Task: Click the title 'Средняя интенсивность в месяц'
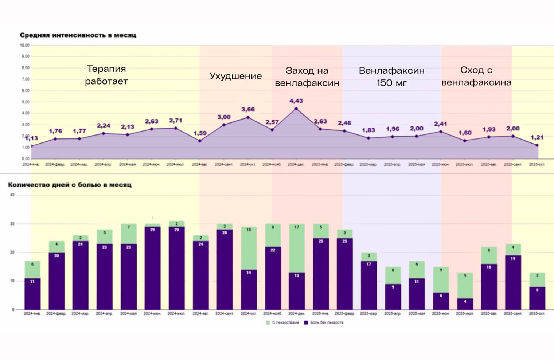78,35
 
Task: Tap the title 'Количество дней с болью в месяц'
70,185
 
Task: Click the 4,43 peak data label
296,101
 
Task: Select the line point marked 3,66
248,117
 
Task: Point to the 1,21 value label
537,137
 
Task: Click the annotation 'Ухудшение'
235,76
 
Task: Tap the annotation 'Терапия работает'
106,75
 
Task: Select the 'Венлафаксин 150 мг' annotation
391,77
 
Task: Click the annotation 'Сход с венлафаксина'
476,76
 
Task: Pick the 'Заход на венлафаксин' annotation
307,77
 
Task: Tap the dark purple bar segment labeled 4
465,304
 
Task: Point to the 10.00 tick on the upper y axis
24,45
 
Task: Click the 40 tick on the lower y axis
12,195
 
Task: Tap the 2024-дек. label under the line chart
296,164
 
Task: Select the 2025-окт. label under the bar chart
537,313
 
